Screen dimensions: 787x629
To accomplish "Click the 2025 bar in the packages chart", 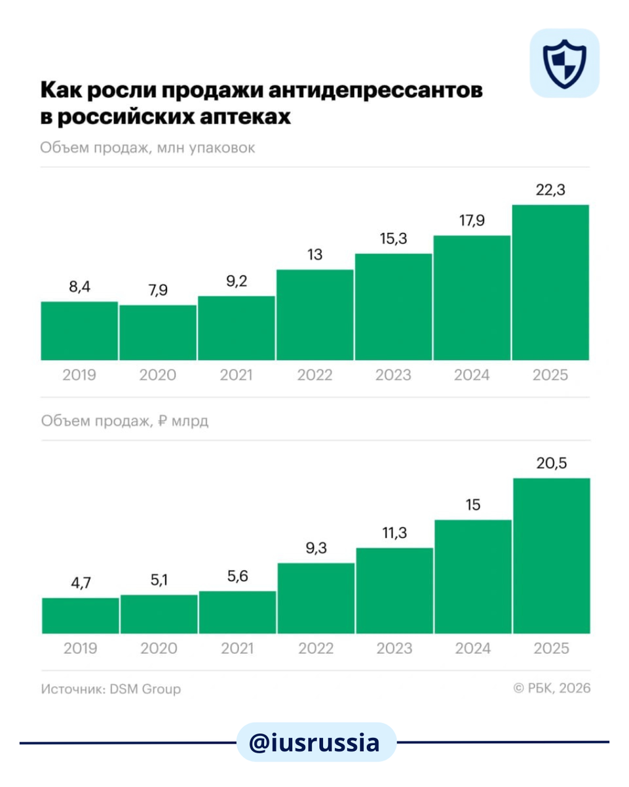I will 550,283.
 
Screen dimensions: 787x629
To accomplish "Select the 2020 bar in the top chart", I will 158,333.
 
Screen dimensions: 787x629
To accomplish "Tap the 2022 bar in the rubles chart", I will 316,598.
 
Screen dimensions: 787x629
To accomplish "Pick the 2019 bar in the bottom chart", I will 80,616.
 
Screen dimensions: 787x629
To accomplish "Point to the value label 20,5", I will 552,463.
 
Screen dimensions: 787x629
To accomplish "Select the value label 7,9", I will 158,290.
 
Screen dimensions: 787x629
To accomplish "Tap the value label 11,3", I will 394,533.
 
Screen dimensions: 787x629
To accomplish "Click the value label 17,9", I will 472,220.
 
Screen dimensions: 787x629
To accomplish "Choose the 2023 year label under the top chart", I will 393,375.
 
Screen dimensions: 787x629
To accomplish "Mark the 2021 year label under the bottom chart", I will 237,649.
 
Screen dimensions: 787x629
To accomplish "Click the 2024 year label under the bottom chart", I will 472,649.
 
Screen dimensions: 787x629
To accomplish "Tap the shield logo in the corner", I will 564,63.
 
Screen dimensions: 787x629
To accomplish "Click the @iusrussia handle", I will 314,742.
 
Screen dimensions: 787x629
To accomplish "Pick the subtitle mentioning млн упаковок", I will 147,148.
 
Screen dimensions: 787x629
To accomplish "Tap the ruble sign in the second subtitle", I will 164,421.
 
